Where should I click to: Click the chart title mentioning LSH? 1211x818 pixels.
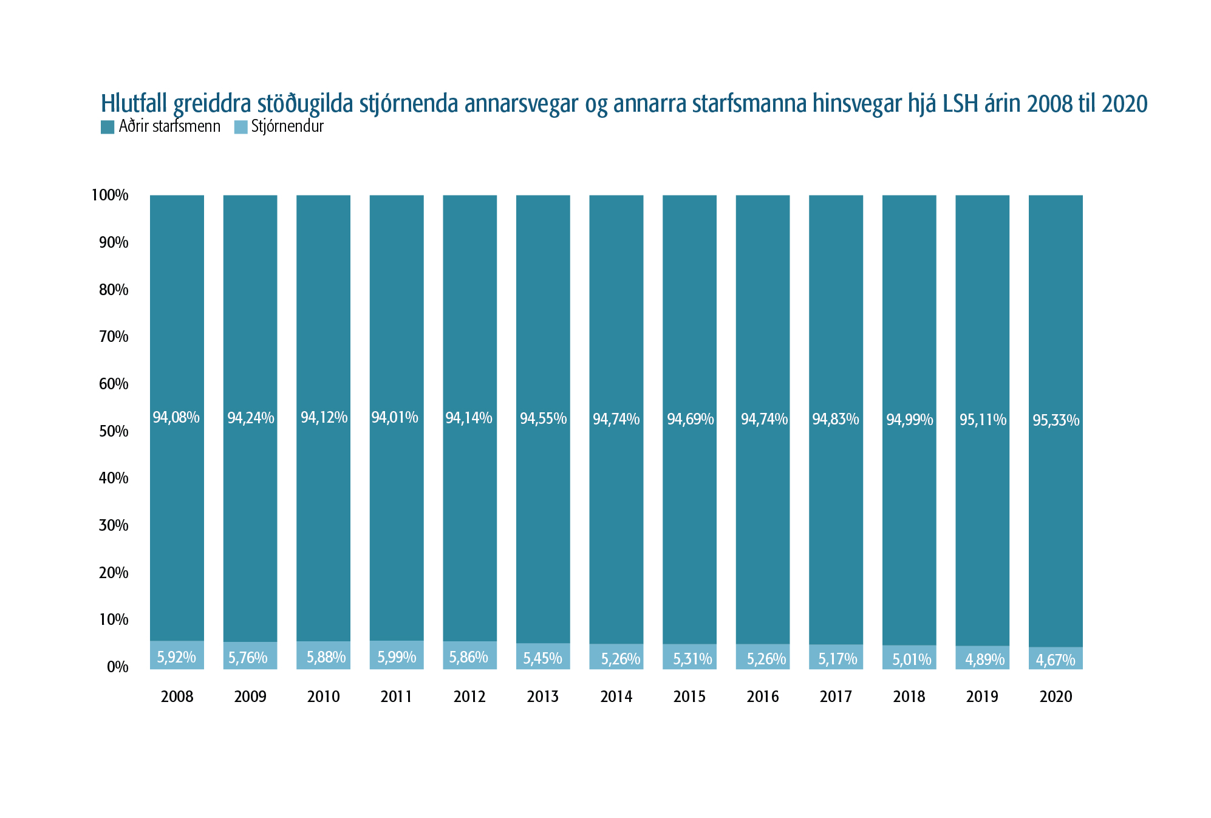[624, 104]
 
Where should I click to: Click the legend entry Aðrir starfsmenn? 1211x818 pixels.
[161, 127]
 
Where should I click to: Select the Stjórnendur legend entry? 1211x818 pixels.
[279, 127]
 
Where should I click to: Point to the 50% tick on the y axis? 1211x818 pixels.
[114, 431]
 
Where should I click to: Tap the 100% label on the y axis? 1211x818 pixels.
[110, 195]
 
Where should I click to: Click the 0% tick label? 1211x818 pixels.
[118, 667]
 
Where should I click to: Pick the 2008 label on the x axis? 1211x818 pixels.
[177, 697]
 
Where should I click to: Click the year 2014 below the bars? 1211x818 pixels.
[616, 697]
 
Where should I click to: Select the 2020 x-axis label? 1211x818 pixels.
[1056, 697]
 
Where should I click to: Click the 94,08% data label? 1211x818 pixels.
[176, 418]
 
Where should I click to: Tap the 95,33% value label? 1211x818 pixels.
[1056, 420]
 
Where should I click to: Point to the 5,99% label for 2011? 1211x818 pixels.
[397, 657]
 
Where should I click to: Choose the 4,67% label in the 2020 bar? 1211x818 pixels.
[1056, 660]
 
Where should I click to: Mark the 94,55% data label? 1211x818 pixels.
[543, 418]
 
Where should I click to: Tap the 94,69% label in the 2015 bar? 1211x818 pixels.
[690, 419]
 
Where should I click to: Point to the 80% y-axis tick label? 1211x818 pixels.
[114, 290]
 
